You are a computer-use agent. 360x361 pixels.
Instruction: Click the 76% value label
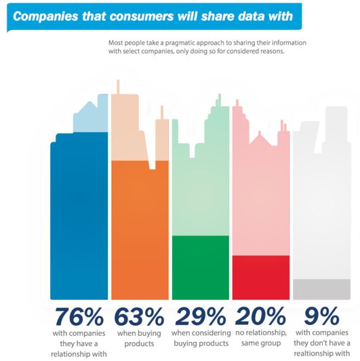(79, 317)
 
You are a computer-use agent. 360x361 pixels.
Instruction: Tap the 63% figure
(139, 317)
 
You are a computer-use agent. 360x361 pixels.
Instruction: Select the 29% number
(201, 317)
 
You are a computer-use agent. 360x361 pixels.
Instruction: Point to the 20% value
(260, 317)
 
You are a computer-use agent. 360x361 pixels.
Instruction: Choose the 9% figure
(322, 316)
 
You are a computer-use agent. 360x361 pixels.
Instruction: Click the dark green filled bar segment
(201, 267)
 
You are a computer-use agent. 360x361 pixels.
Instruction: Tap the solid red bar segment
(261, 278)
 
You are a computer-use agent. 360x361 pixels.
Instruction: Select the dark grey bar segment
(321, 289)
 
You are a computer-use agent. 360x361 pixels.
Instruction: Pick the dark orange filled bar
(140, 230)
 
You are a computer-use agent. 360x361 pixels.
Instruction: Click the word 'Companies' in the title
(45, 16)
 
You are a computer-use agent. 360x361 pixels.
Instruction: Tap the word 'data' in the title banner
(252, 16)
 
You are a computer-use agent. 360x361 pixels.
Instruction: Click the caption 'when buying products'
(139, 338)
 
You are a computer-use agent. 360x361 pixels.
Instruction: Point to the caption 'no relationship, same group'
(261, 338)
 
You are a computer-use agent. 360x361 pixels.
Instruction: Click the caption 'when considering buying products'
(201, 338)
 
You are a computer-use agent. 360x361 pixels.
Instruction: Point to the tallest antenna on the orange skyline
(118, 87)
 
